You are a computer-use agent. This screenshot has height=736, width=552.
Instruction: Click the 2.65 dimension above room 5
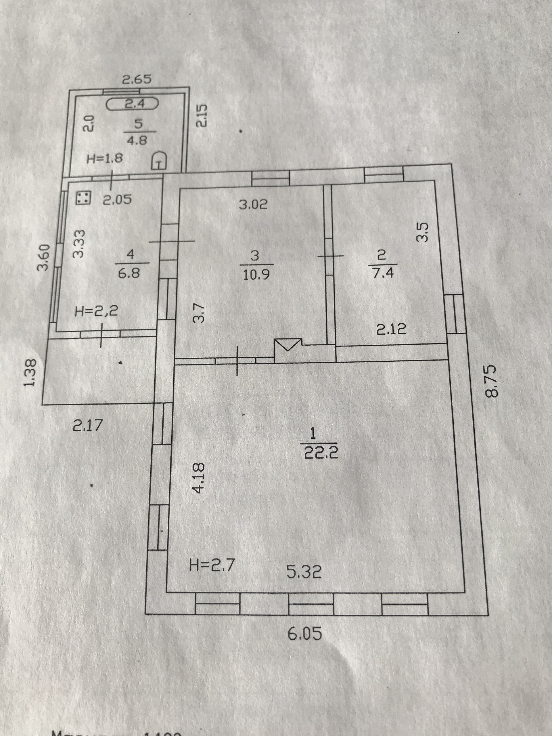click(x=137, y=80)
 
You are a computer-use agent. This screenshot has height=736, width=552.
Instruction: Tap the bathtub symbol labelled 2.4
click(x=133, y=104)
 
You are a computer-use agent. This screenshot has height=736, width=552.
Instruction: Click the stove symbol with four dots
click(x=83, y=198)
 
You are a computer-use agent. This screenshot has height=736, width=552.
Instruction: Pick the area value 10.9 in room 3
click(x=256, y=275)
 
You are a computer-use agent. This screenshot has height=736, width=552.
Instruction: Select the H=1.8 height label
click(x=104, y=158)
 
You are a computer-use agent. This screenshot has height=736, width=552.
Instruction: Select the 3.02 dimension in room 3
click(x=253, y=204)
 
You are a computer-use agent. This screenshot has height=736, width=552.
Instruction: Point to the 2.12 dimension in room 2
click(x=391, y=329)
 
